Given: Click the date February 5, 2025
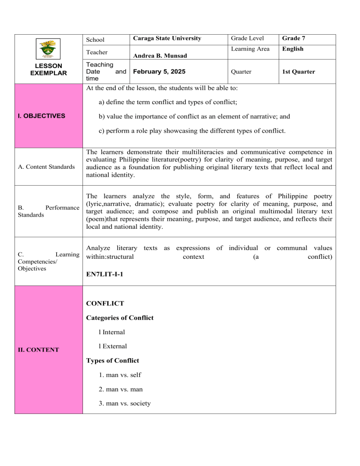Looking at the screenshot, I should (159, 72).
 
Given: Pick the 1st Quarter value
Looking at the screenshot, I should (299, 72).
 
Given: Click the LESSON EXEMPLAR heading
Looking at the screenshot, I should (49, 70).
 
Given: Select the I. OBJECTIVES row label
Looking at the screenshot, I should (39, 115).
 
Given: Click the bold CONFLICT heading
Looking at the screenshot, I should (105, 303).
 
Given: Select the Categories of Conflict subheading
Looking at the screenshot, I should (120, 318).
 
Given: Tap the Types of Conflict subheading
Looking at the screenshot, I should (112, 361).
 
